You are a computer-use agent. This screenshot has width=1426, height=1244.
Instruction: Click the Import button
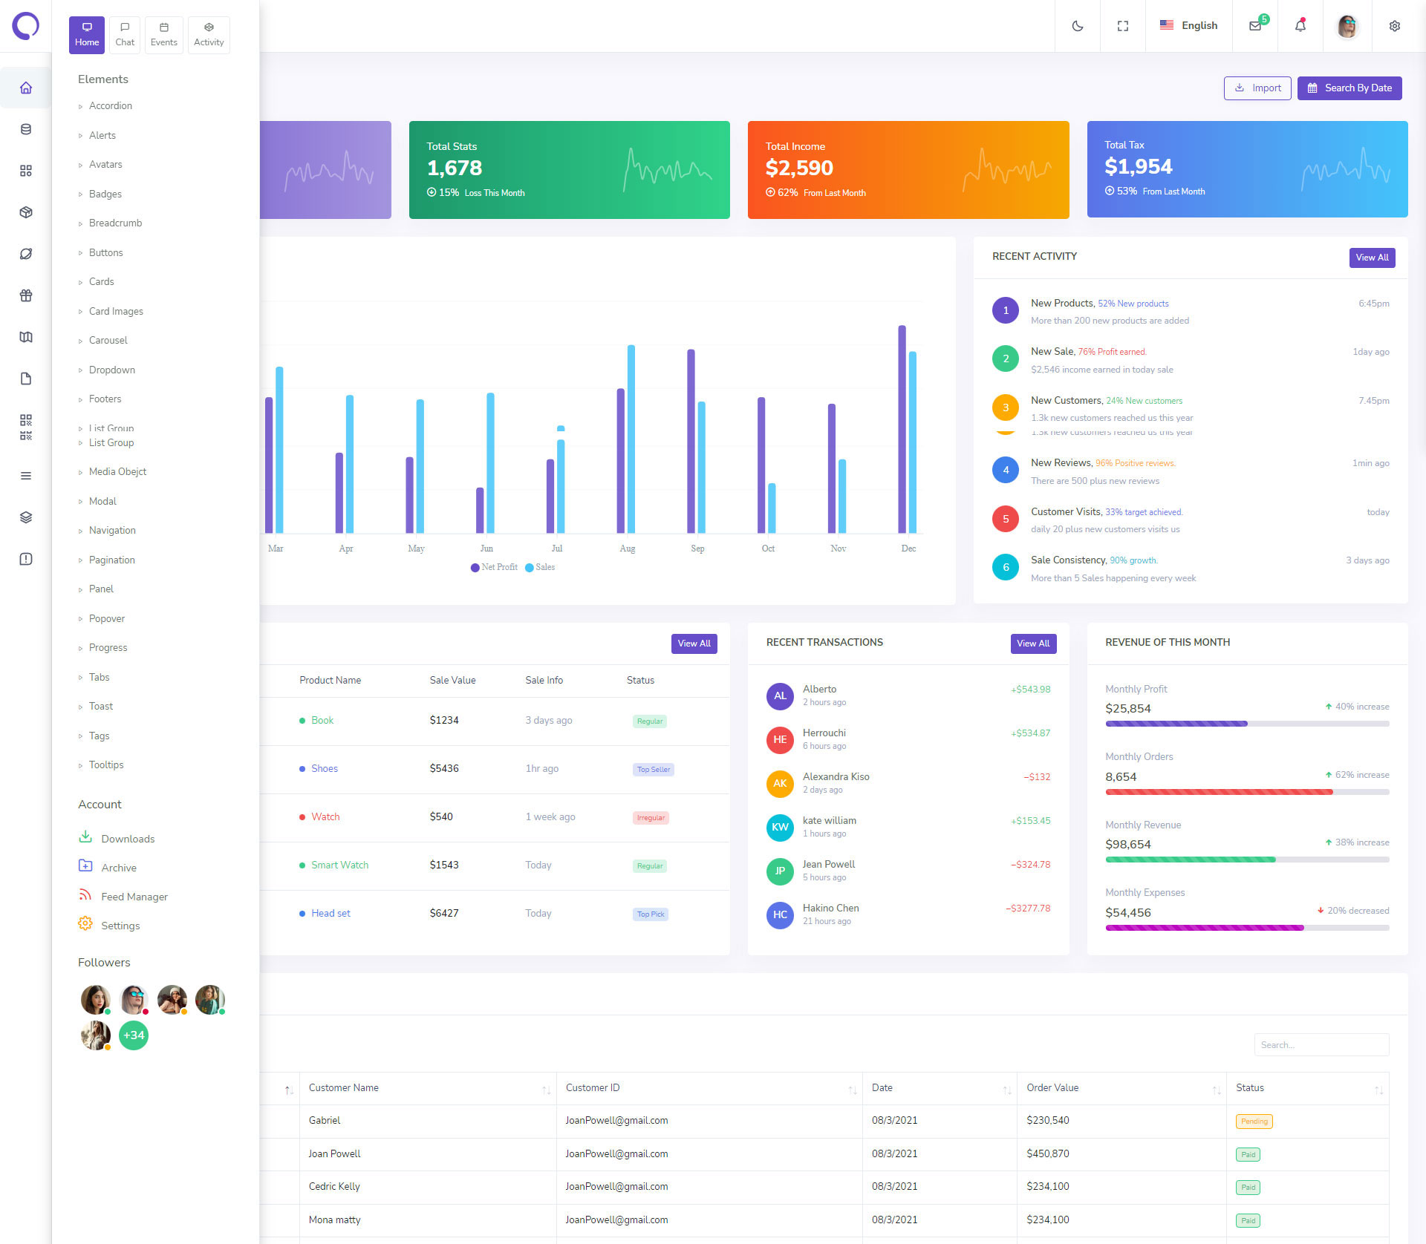[1257, 88]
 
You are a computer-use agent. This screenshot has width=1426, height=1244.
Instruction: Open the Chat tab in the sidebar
[125, 35]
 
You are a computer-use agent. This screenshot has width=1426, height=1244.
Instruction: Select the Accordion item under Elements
[111, 106]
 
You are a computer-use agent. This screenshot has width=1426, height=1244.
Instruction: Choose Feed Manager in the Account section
[134, 897]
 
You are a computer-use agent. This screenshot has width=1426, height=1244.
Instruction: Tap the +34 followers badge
[134, 1035]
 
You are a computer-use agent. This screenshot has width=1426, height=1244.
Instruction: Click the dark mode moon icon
[1078, 26]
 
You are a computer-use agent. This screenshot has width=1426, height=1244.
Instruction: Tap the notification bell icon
[1300, 26]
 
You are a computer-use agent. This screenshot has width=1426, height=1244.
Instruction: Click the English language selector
[1188, 26]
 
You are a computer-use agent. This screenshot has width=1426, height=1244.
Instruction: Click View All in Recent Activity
[1372, 258]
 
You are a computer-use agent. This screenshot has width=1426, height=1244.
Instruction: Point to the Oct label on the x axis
[768, 549]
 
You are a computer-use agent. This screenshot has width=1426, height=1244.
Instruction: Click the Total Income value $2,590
[799, 168]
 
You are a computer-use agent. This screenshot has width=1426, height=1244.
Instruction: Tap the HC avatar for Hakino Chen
[780, 914]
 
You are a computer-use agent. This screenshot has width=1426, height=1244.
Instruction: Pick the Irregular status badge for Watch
[651, 818]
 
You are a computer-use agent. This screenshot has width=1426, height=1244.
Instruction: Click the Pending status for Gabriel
[1254, 1122]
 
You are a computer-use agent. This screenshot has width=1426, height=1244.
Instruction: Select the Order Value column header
[1052, 1088]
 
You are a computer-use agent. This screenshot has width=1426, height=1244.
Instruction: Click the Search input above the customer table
[1321, 1045]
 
